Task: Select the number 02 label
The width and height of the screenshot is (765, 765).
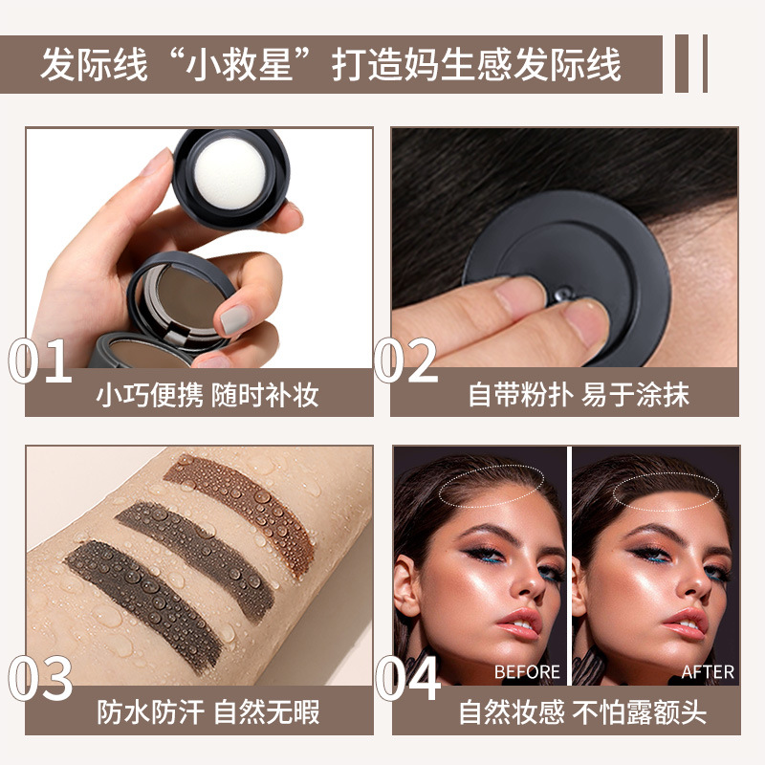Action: [406, 361]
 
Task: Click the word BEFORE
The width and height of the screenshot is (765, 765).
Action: [527, 672]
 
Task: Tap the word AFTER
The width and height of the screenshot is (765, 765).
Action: [708, 672]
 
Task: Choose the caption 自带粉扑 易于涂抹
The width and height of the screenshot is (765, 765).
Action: [579, 394]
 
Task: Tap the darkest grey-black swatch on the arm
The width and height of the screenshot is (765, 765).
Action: [143, 593]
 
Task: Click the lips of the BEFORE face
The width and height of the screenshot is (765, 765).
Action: [516, 623]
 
